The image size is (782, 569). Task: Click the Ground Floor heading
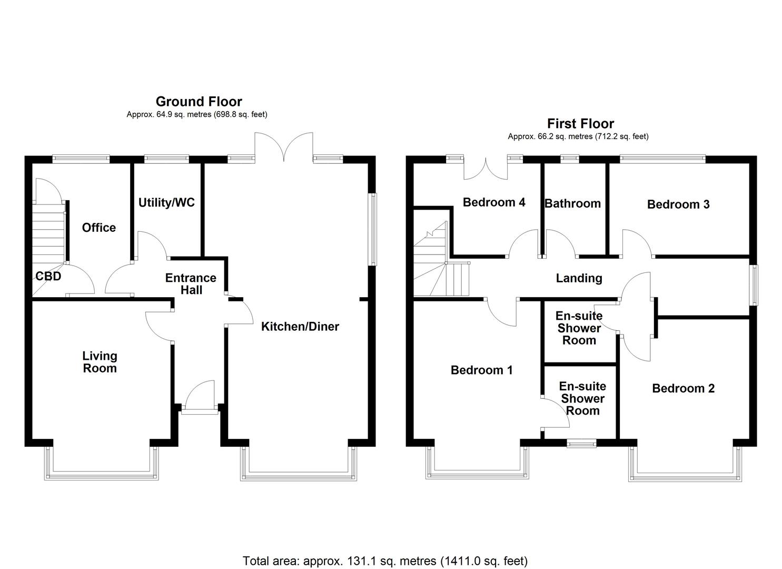click(x=199, y=101)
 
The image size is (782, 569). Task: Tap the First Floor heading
click(x=580, y=123)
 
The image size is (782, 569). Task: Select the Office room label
click(x=98, y=228)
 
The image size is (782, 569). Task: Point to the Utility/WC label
click(x=166, y=202)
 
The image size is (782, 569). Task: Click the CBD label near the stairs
click(x=48, y=276)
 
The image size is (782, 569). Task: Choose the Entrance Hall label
click(x=191, y=283)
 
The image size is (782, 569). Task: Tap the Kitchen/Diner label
click(x=300, y=326)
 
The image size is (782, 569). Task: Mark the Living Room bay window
click(x=101, y=464)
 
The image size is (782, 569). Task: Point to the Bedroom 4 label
click(x=493, y=202)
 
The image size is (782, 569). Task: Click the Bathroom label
click(x=572, y=203)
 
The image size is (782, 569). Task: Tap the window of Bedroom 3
click(x=662, y=156)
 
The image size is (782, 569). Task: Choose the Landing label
click(x=579, y=278)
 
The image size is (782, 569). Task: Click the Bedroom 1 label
click(x=481, y=370)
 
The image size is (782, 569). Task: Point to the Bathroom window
click(x=569, y=156)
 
